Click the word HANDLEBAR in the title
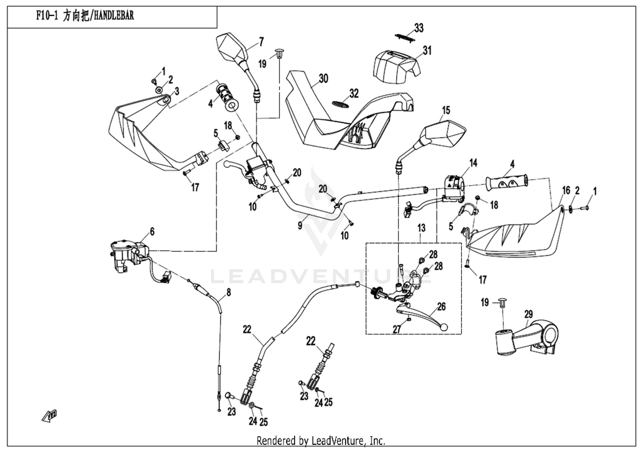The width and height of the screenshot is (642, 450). pos(114,15)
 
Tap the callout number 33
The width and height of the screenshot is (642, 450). pos(419,28)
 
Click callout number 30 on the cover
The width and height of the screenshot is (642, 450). pos(324,78)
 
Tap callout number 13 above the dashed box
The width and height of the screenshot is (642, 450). pos(421,228)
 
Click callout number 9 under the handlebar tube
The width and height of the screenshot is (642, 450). pos(300,226)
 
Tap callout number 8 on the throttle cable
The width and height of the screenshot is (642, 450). pos(229,292)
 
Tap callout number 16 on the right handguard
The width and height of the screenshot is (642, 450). pos(566,190)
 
